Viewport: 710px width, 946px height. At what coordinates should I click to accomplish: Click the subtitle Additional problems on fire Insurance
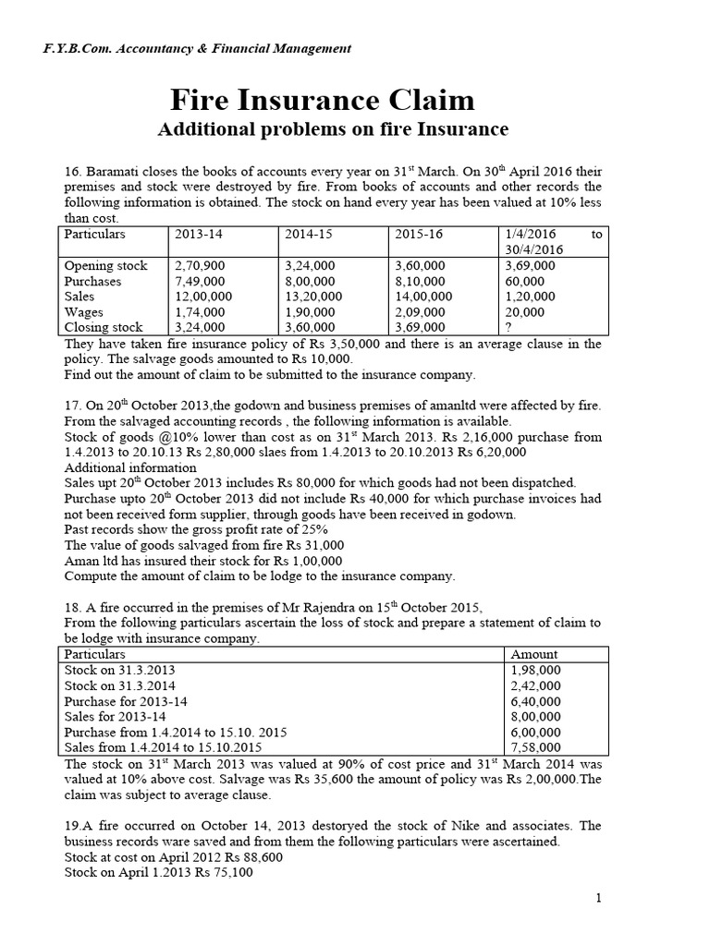333,128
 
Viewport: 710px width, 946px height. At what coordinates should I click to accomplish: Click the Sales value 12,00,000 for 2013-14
203,297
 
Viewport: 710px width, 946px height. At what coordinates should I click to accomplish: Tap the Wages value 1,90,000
311,312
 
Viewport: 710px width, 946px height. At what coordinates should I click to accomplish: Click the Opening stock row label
105,266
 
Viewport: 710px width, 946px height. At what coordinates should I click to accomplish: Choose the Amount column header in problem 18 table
534,654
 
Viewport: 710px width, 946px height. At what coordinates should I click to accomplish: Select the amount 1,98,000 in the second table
534,670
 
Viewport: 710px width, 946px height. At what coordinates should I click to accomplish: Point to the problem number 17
73,406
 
